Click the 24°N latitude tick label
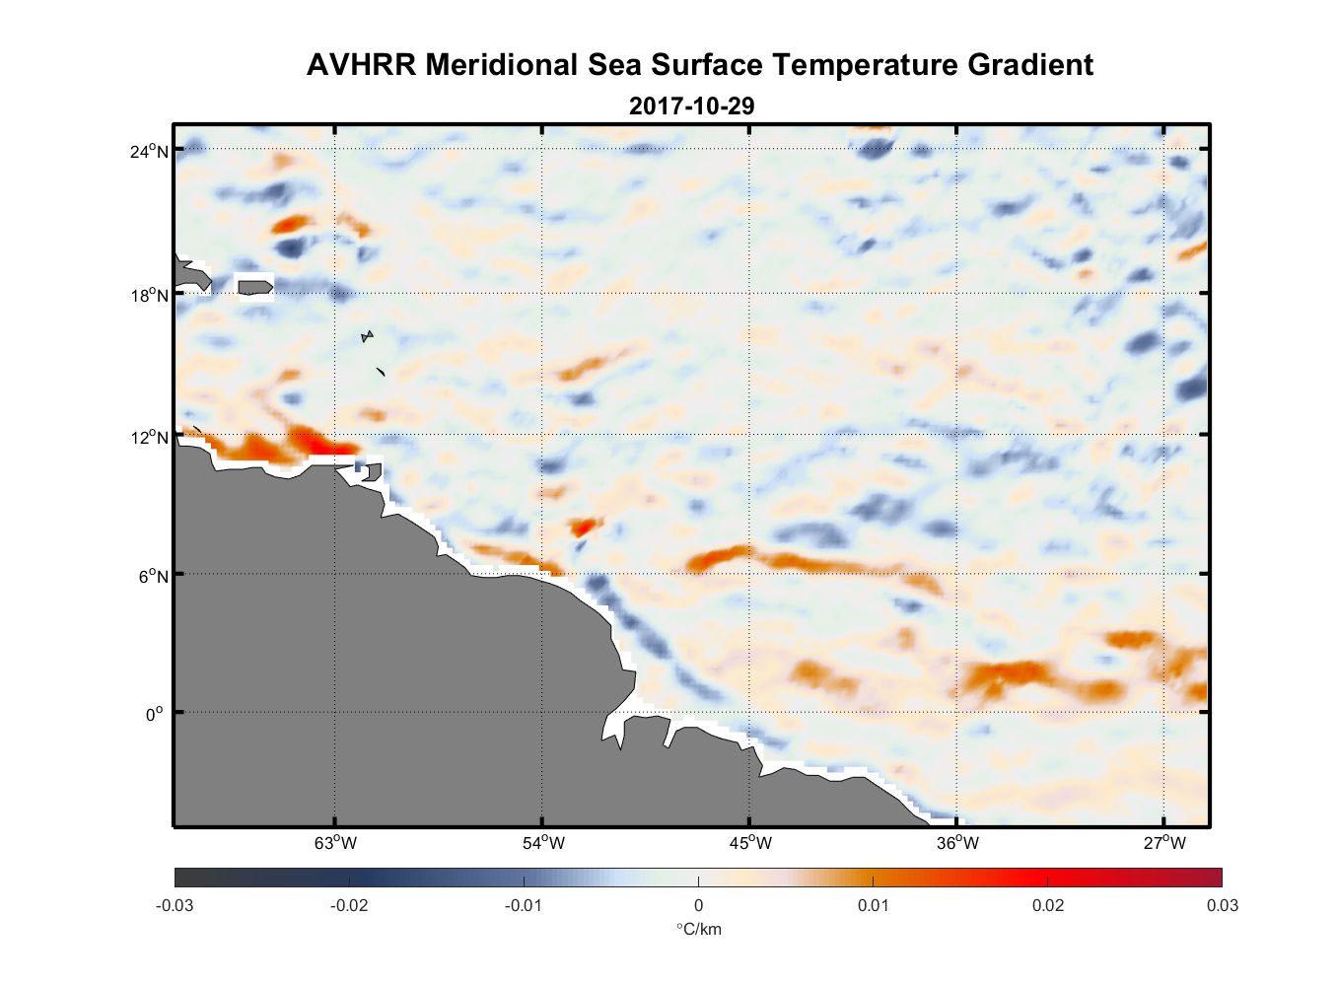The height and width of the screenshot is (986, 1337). click(149, 151)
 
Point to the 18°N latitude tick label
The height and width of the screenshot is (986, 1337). click(149, 295)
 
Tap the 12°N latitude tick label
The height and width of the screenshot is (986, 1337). click(149, 437)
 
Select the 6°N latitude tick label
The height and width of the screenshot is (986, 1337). click(153, 576)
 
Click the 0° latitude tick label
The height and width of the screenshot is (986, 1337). click(154, 714)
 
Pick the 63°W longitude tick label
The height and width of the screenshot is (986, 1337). click(335, 843)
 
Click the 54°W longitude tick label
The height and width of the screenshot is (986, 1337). click(543, 843)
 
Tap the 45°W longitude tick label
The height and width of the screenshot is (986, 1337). click(750, 843)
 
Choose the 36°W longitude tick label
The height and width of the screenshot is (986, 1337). click(957, 843)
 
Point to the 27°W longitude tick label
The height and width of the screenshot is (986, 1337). click(1164, 843)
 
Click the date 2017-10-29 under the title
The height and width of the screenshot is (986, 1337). click(691, 106)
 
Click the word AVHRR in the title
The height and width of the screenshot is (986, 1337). click(361, 65)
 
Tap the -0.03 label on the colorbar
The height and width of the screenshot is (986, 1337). click(175, 905)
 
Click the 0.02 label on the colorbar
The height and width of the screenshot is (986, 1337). click(1048, 905)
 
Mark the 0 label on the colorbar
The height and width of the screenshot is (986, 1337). click(698, 905)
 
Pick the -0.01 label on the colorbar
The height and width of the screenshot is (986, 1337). click(524, 905)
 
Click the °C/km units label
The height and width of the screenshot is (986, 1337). click(698, 929)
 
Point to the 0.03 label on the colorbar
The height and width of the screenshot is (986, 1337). click(1222, 905)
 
